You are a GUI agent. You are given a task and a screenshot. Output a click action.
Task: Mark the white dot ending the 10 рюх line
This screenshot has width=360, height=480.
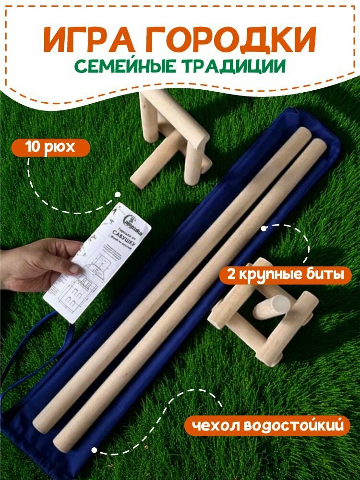coord(117,195)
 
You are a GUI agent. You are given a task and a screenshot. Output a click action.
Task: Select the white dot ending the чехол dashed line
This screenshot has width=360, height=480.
coord(95,451)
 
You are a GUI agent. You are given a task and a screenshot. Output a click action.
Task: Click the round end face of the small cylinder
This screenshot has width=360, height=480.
coord(278,305)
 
